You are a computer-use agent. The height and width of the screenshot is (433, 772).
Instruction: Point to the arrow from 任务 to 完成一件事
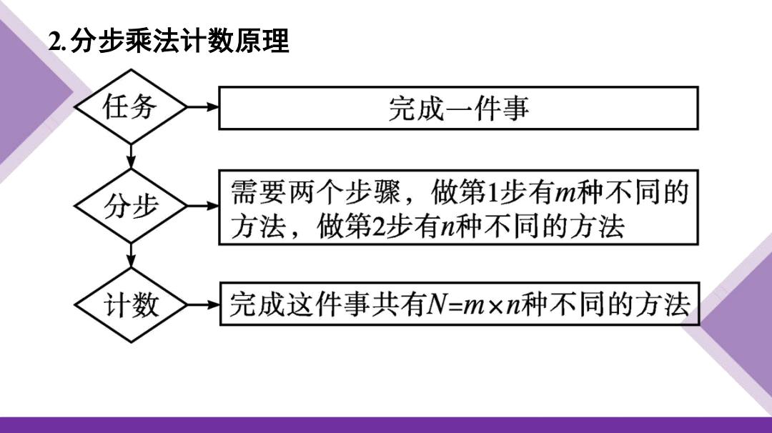[x=202, y=106]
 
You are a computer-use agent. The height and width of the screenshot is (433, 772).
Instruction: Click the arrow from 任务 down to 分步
[x=131, y=156]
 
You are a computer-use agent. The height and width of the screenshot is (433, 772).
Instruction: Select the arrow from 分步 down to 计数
[x=131, y=256]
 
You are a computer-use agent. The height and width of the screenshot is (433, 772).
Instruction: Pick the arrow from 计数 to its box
[x=203, y=305]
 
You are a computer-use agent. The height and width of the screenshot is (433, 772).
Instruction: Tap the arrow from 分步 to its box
[x=202, y=206]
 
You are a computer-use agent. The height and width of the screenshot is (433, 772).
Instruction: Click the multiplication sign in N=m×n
[x=496, y=306]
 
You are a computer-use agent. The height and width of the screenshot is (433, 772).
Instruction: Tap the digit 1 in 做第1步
[x=493, y=192]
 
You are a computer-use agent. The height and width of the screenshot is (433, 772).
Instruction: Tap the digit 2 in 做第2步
[x=379, y=227]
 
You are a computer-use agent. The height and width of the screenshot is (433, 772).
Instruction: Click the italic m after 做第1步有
[x=565, y=194]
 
